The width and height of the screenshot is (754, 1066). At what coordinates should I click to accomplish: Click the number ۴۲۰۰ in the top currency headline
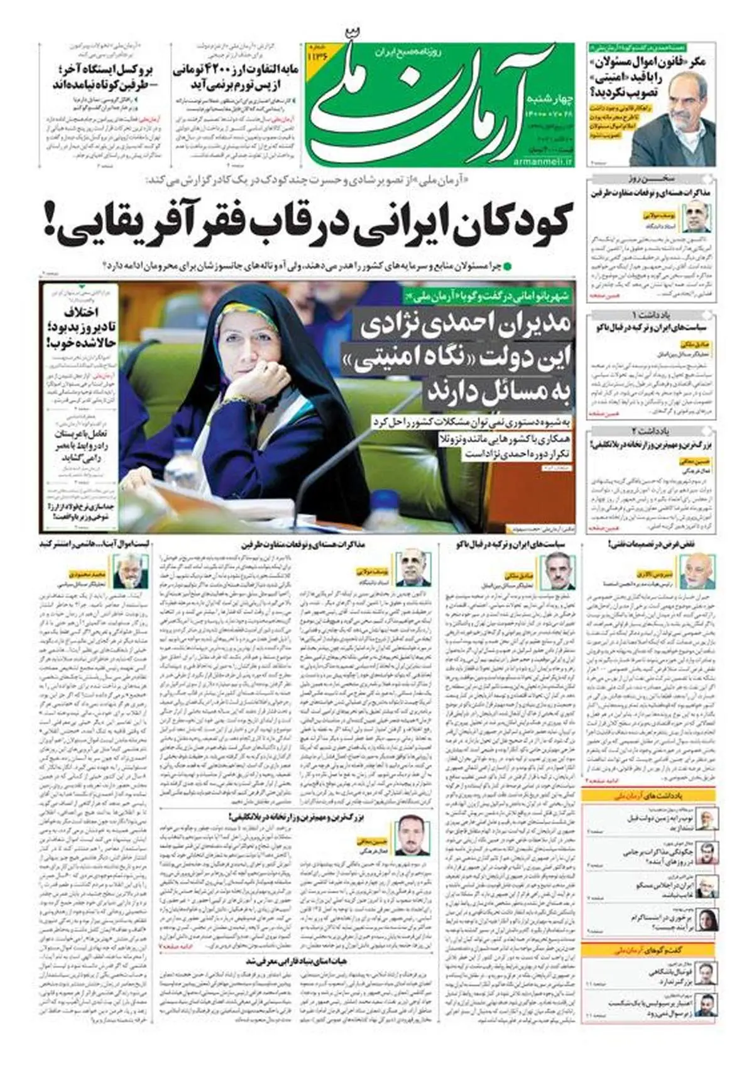[x=217, y=68]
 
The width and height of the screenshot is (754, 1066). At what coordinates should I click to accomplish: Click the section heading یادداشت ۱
[x=652, y=314]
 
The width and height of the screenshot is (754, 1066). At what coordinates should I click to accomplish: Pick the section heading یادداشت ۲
[x=652, y=431]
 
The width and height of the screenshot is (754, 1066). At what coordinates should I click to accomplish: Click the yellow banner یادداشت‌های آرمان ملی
[x=652, y=795]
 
